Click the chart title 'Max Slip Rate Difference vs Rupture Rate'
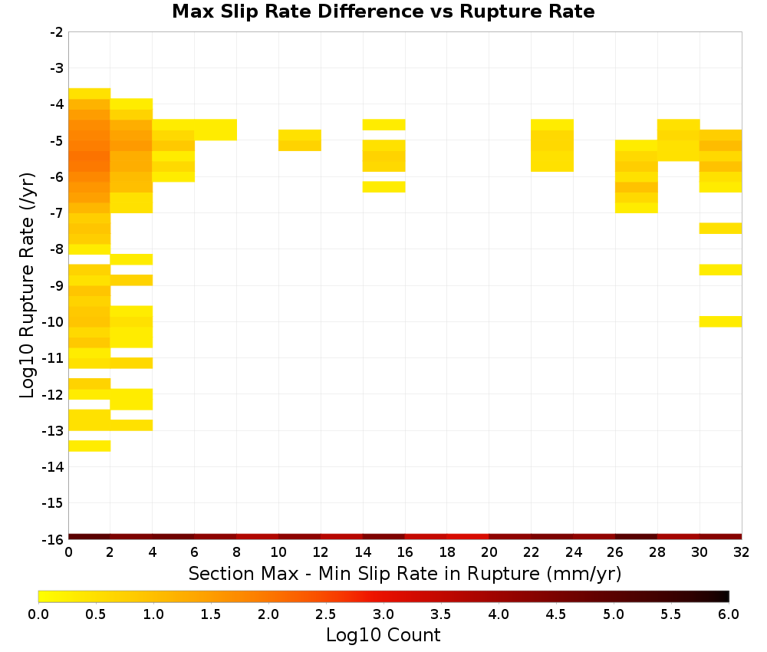click(383, 12)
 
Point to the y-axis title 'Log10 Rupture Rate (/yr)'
click(27, 285)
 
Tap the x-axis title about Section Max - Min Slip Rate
click(404, 573)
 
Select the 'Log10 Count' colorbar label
click(383, 635)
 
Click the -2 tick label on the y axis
click(57, 32)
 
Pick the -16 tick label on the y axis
click(53, 539)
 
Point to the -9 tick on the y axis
click(57, 285)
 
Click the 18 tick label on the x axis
click(447, 552)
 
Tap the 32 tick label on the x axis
click(742, 552)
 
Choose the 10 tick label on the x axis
click(278, 552)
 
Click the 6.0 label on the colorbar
click(729, 614)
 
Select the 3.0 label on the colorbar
click(383, 614)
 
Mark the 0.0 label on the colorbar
click(38, 614)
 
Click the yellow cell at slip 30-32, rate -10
click(720, 321)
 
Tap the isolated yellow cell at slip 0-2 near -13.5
click(90, 446)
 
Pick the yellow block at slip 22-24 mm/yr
click(552, 145)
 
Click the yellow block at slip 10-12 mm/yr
click(300, 140)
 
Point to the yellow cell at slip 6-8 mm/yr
click(216, 130)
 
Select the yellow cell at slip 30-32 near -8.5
click(720, 269)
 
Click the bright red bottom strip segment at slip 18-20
click(468, 537)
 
